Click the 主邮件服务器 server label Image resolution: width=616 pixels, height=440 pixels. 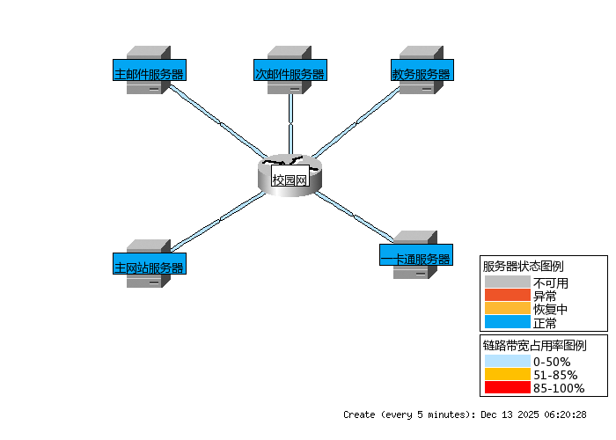coord(149,74)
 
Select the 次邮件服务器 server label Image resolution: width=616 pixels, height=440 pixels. coord(290,74)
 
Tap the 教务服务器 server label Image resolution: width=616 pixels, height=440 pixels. coord(421,74)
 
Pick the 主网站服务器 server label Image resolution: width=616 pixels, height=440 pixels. coord(149,267)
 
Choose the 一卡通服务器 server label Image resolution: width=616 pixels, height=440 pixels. coord(415,259)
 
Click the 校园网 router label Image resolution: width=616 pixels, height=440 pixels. coord(290,180)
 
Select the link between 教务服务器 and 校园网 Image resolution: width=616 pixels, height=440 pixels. coord(356,124)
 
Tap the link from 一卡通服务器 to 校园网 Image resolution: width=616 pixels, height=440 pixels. coord(352,214)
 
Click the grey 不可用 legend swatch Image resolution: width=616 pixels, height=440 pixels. coord(507,283)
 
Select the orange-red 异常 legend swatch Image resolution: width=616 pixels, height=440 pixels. coord(507,296)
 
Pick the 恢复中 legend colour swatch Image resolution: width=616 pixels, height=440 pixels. coord(507,309)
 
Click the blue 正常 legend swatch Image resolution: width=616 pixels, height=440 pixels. coord(507,322)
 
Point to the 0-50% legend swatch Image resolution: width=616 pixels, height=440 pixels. coord(507,362)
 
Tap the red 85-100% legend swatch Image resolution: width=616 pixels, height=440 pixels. coord(507,387)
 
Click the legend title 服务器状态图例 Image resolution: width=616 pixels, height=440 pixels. coord(523,266)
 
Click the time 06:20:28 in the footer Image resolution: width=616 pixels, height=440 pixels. coord(564,414)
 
